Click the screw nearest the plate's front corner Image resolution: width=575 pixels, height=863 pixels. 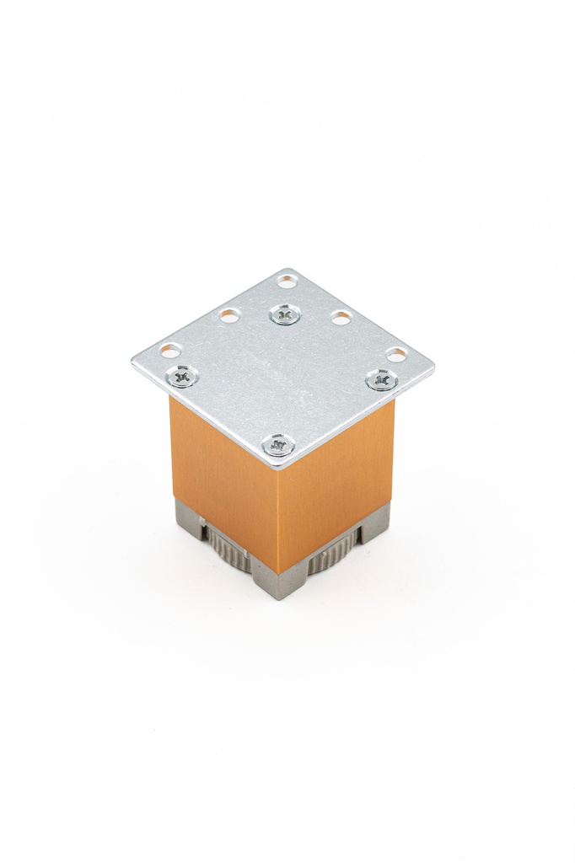[x=278, y=444]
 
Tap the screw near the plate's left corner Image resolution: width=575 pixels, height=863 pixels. [x=181, y=376]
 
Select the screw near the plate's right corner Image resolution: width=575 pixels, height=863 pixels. [x=381, y=380]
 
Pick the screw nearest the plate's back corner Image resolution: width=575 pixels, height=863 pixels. [x=285, y=315]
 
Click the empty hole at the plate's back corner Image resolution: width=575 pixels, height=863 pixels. [x=287, y=281]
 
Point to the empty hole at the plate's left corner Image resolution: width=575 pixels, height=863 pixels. [x=170, y=350]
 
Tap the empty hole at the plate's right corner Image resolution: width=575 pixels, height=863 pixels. [x=396, y=355]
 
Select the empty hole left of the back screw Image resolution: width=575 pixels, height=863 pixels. [x=229, y=316]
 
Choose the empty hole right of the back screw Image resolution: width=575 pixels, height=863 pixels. [x=341, y=318]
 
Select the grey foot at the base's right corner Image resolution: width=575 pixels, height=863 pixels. [x=376, y=523]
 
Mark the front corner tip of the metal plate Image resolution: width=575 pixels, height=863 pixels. [x=279, y=465]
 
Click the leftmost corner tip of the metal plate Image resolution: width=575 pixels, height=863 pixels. [x=134, y=362]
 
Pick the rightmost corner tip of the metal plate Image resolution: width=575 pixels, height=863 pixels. [x=433, y=367]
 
